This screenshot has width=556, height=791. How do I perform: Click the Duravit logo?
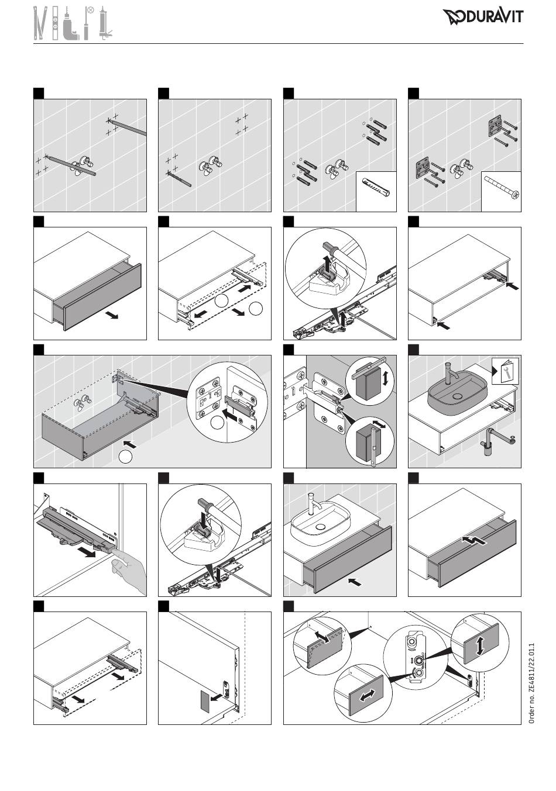[x=483, y=17]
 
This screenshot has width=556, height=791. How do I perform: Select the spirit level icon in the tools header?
[x=55, y=23]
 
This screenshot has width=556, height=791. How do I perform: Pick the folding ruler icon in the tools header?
[x=39, y=23]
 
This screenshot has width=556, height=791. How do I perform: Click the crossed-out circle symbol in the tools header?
[x=91, y=10]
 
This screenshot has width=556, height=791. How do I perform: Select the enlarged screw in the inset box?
[x=501, y=187]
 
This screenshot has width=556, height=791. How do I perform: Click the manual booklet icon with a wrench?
[x=506, y=371]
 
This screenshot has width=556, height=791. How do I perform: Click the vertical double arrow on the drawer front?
[x=480, y=646]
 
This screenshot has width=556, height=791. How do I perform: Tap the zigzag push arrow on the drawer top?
[x=473, y=540]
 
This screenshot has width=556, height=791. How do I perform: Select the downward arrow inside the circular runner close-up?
[x=204, y=520]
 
